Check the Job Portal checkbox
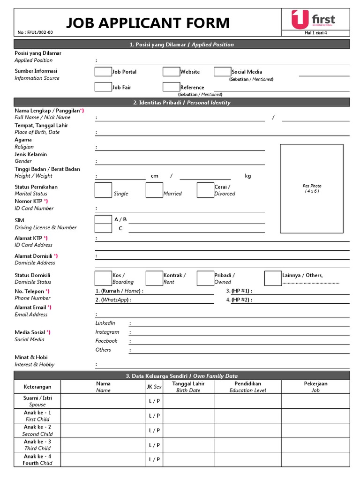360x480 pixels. [103, 72]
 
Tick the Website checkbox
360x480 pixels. [172, 72]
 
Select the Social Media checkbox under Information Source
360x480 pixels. [222, 72]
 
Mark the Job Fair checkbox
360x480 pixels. [103, 87]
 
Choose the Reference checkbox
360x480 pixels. [172, 87]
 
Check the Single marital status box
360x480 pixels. [103, 190]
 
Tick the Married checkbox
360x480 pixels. [154, 190]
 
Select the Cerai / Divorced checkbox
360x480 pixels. [205, 190]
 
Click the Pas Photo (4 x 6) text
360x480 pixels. [312, 188]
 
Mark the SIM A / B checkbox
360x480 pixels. [103, 219]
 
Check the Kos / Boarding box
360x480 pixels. [103, 278]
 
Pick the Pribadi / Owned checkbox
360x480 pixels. [205, 278]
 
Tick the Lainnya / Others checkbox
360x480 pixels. [273, 278]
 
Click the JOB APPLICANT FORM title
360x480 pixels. [148, 22]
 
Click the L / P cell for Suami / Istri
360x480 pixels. [154, 401]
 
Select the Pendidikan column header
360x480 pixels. [247, 387]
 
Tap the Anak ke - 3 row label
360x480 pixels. [37, 445]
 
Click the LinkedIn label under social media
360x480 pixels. [105, 323]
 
